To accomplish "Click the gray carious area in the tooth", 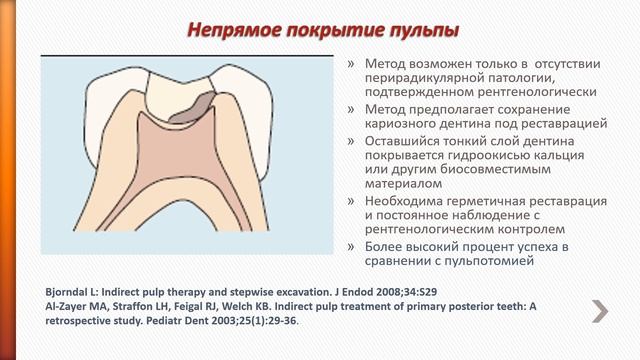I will click(x=189, y=106).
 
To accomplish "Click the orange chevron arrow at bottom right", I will click(x=600, y=311).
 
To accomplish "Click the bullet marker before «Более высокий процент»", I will click(x=351, y=247).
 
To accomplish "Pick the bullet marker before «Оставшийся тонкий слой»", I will click(x=351, y=140).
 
